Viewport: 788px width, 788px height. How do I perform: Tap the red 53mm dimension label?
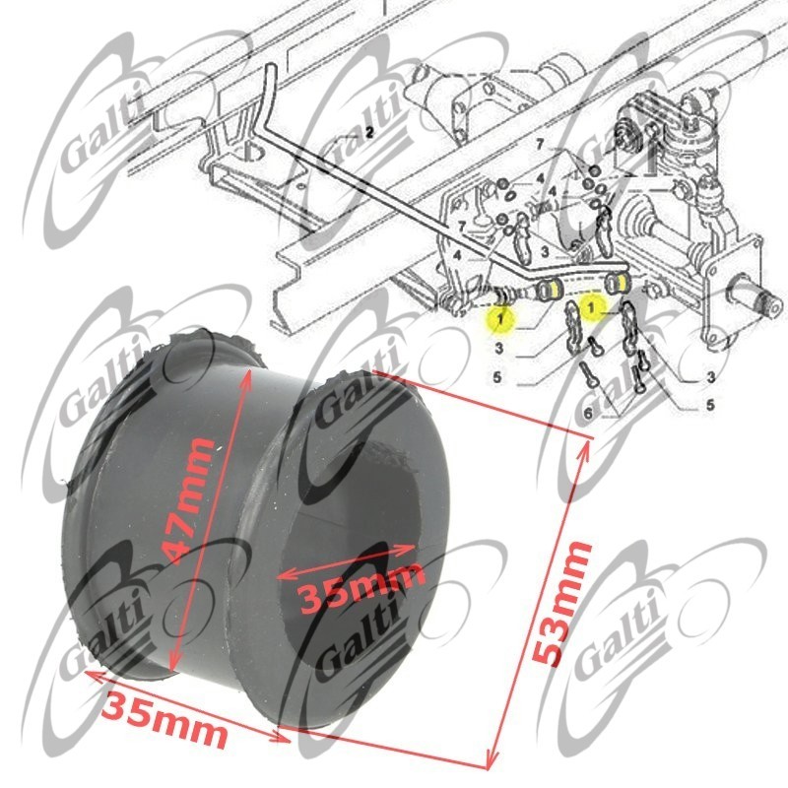tap(561, 603)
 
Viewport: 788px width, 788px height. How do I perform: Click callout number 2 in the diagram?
tap(369, 133)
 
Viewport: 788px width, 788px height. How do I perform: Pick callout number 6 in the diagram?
tap(588, 413)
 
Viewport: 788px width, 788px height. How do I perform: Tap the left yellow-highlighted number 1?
tap(500, 318)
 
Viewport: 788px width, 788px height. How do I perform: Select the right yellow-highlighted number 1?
tap(591, 306)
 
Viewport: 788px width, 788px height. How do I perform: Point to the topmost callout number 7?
tap(540, 145)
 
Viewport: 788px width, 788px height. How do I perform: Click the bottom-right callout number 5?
tap(710, 404)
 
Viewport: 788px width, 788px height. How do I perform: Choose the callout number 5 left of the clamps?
tap(497, 377)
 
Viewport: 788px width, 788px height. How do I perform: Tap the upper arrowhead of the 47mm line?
tap(247, 374)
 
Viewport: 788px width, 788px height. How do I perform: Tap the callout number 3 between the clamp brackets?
tap(545, 251)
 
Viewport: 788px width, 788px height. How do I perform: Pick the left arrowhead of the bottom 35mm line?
tap(91, 674)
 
